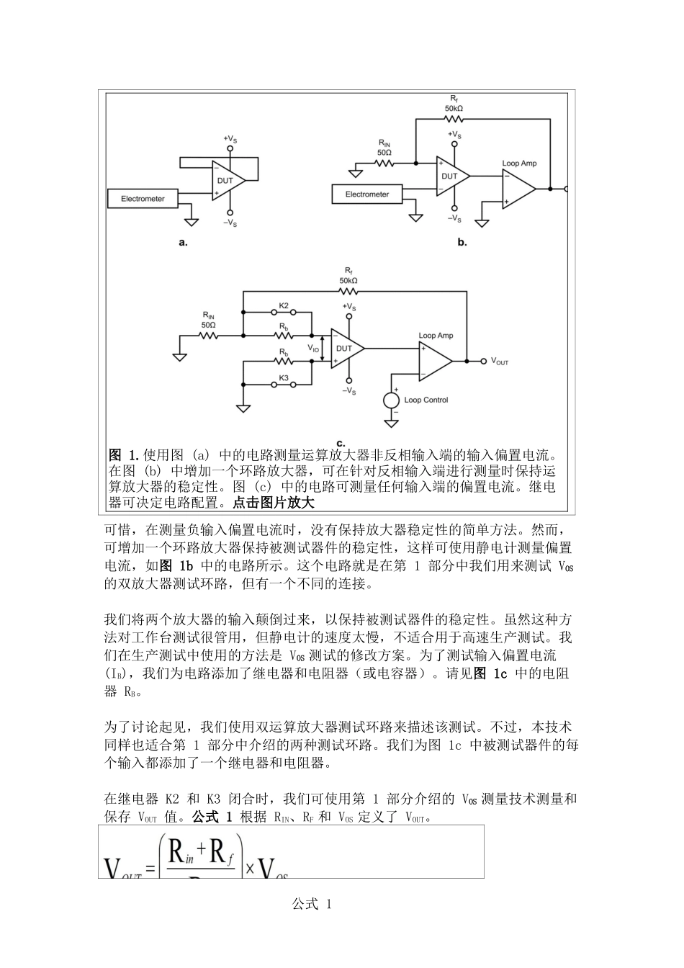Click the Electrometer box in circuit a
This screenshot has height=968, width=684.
(143, 198)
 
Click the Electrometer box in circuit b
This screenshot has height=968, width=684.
(366, 194)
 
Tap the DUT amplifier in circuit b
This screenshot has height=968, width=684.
(451, 176)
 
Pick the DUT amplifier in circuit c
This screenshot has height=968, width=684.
(345, 349)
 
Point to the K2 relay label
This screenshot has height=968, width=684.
(284, 306)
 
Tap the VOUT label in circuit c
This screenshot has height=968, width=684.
(500, 362)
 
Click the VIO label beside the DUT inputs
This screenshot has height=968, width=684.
(314, 348)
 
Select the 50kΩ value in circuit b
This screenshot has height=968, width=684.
(454, 108)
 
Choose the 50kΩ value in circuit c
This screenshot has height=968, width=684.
(348, 280)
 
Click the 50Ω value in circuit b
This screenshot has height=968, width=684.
(384, 153)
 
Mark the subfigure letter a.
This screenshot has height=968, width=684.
(183, 243)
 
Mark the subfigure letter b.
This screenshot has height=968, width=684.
(462, 243)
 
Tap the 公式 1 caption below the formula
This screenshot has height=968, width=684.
(312, 905)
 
